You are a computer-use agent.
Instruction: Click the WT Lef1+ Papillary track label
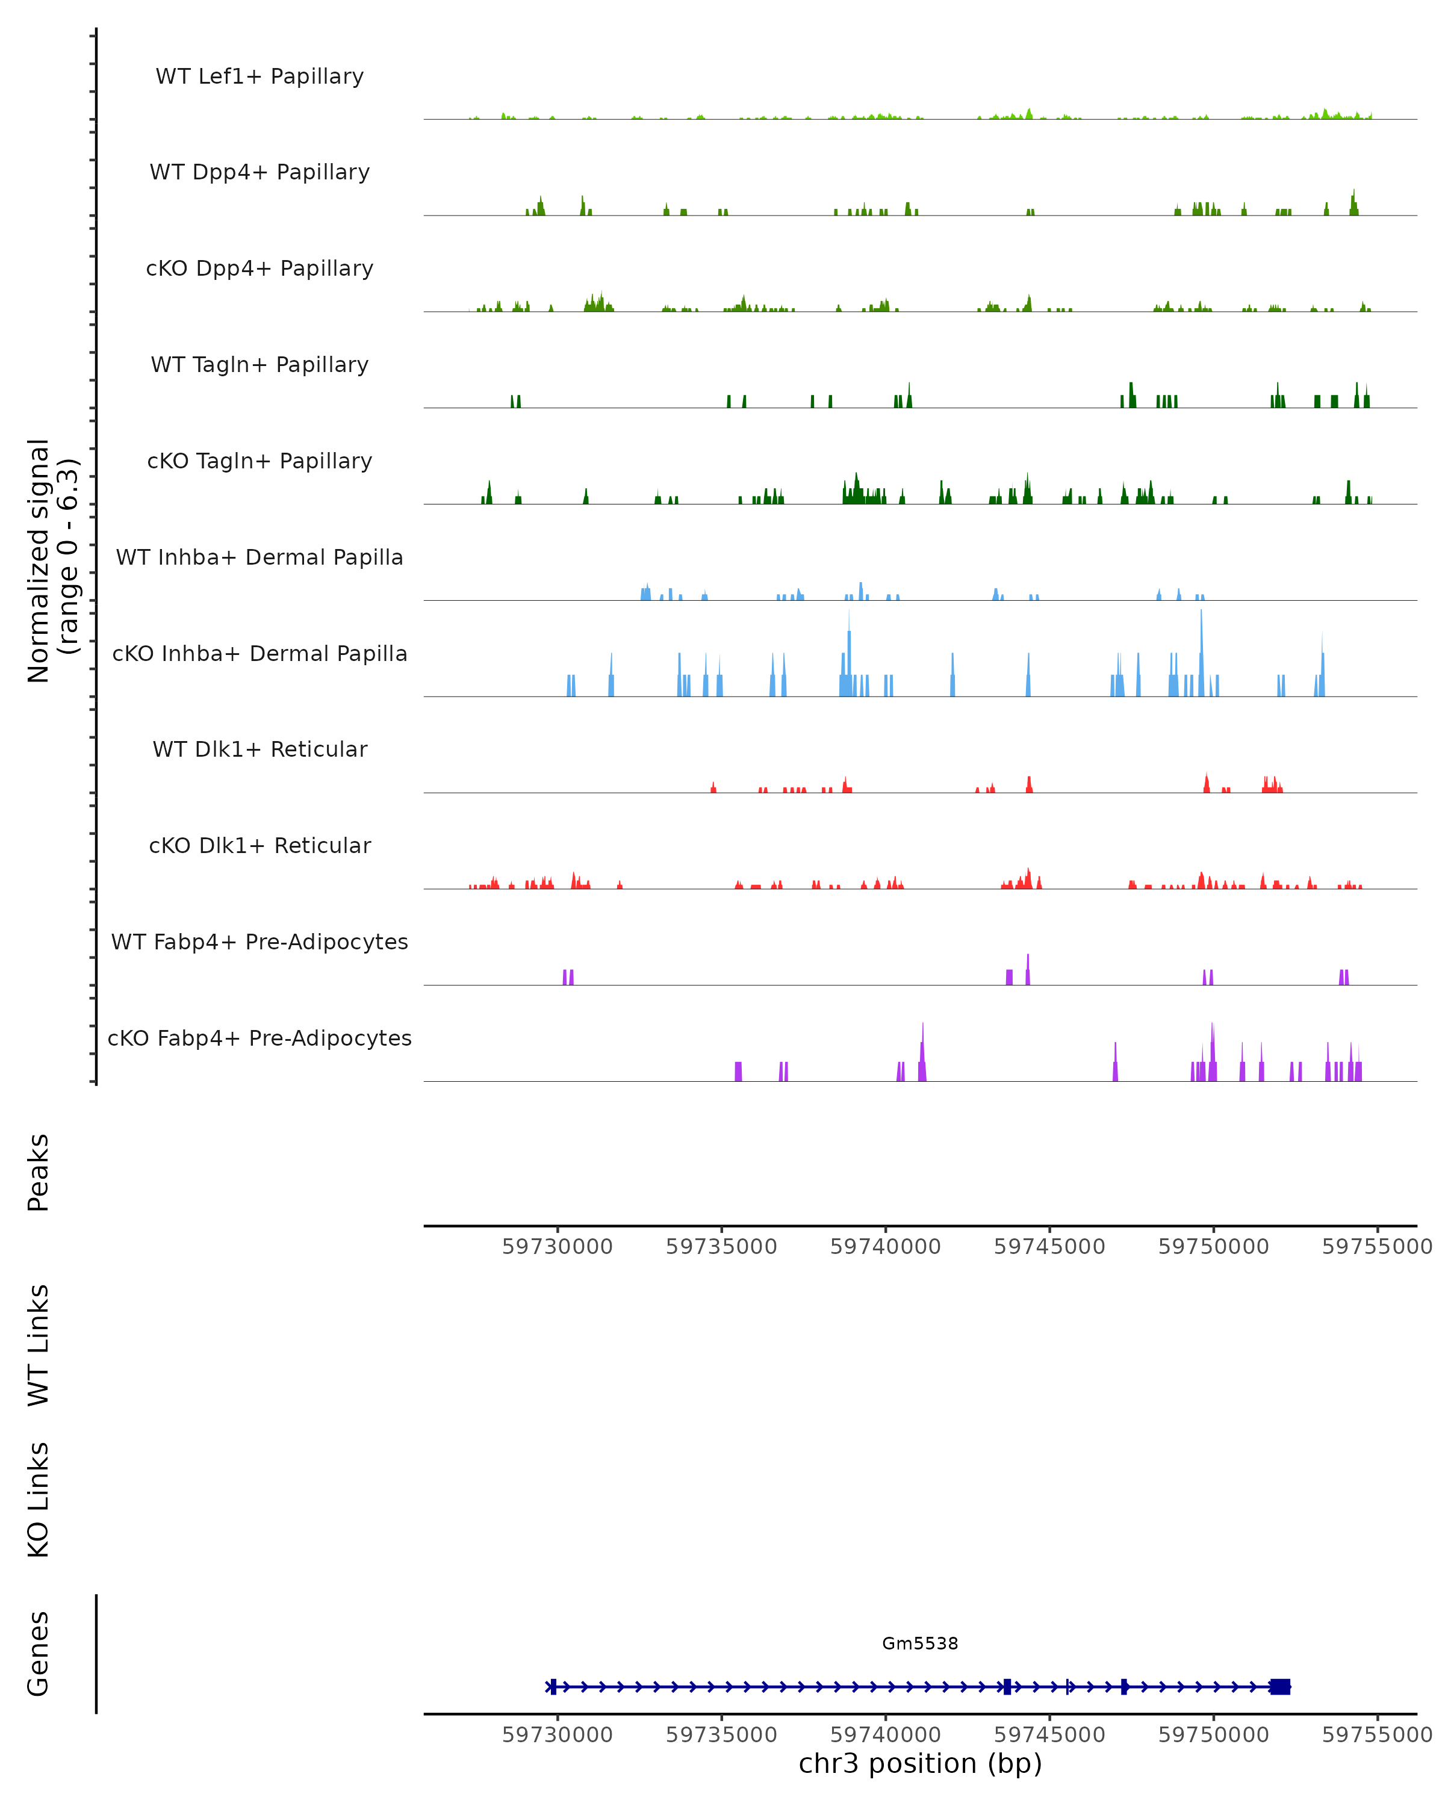[259, 76]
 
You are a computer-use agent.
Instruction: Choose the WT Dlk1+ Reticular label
[259, 749]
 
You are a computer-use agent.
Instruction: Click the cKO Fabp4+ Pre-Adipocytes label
[259, 1038]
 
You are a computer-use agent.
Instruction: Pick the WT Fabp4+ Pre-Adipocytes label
[259, 942]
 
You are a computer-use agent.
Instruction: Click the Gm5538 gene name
[920, 1643]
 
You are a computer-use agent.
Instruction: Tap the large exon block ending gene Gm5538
[1279, 1686]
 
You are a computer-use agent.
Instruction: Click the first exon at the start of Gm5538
[553, 1686]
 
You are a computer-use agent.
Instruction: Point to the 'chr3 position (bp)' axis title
[920, 1763]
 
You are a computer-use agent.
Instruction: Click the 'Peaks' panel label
[39, 1172]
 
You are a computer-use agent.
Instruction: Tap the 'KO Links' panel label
[39, 1500]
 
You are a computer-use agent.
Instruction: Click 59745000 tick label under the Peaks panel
[1049, 1247]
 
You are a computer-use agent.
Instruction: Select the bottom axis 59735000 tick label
[721, 1735]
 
